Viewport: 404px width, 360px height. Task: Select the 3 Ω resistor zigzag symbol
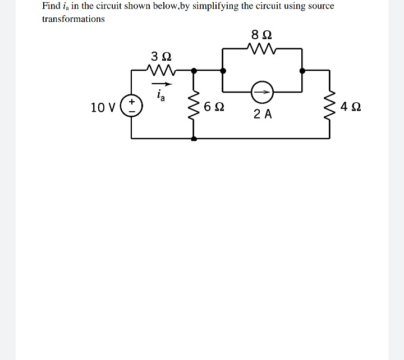click(161, 70)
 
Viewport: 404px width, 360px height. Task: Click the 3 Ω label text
click(161, 56)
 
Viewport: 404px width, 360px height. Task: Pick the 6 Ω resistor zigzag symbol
click(194, 105)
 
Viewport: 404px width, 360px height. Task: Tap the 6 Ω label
click(215, 107)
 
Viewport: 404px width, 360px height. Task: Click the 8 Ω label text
click(263, 34)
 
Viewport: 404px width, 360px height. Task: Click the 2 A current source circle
click(262, 92)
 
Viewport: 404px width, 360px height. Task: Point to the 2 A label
click(262, 115)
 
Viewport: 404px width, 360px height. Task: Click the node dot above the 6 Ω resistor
click(194, 71)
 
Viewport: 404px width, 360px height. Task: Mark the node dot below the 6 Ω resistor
click(194, 138)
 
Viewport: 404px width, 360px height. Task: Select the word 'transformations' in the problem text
click(74, 19)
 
